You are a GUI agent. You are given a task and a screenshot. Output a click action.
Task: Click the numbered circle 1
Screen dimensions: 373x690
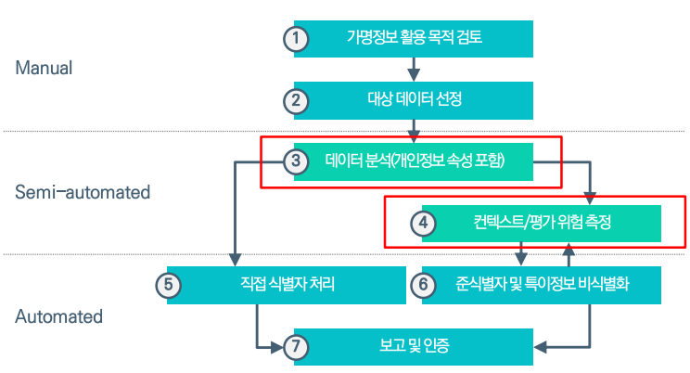coord(295,39)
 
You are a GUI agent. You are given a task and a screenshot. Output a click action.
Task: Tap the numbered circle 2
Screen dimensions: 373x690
coord(295,100)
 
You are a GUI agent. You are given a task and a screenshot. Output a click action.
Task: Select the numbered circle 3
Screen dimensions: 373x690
coord(295,161)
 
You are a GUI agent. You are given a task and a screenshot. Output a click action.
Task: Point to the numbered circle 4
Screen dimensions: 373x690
coord(424,224)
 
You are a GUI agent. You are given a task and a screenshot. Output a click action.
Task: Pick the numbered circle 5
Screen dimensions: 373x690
coord(168,285)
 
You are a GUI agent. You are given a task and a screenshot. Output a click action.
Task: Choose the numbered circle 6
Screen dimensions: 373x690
coord(424,285)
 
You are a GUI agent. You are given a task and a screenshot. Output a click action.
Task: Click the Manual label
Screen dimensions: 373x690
coord(44,69)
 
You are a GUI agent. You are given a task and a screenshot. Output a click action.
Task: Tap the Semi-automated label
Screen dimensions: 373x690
coord(83,192)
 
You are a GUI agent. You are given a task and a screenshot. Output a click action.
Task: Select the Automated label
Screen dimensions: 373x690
coord(59,316)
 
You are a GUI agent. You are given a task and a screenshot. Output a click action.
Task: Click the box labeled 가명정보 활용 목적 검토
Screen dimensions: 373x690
coord(415,39)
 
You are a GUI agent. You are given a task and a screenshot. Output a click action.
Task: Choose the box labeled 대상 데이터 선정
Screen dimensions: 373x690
coord(415,100)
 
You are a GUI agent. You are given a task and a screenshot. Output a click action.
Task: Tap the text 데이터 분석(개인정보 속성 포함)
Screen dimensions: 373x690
coord(415,161)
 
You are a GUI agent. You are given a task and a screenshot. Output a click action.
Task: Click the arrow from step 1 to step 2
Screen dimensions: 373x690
coord(414,70)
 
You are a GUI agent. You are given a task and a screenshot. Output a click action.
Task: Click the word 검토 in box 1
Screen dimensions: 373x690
coord(469,39)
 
